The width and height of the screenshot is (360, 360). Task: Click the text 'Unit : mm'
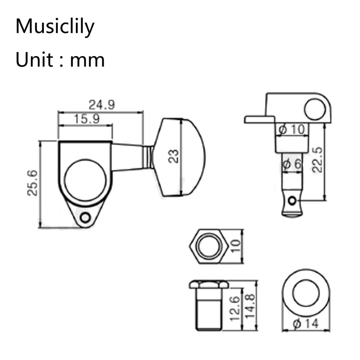point(60,60)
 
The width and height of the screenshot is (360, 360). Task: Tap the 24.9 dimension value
point(102,105)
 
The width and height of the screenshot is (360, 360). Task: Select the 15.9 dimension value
point(87,119)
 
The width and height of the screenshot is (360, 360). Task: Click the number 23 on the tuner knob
point(174,157)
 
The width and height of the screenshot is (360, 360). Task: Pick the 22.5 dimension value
point(317,160)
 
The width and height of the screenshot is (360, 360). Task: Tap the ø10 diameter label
point(292,129)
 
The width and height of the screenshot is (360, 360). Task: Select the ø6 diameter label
point(292,165)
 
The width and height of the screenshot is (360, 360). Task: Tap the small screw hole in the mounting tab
point(86,217)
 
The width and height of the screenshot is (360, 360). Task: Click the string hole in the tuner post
point(294,201)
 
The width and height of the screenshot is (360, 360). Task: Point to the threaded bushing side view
point(209,308)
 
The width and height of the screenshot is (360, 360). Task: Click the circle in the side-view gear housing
point(314,109)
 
